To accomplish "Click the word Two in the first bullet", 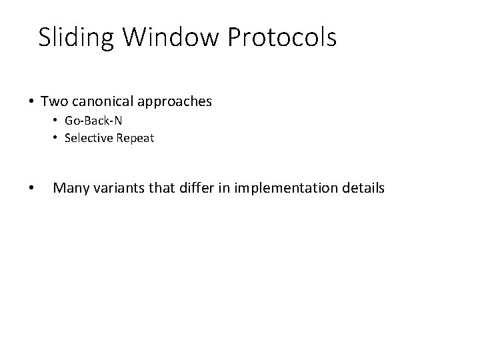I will tap(53, 101).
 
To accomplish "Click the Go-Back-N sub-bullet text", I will tap(93, 121).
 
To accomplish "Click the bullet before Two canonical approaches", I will tap(31, 102).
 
